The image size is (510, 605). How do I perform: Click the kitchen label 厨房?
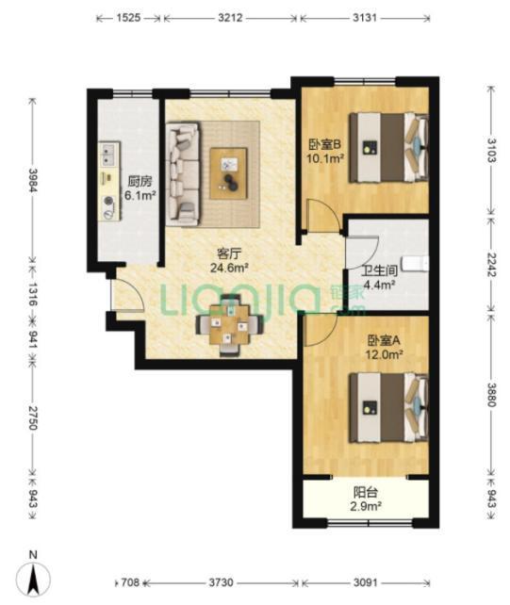pyautogui.click(x=140, y=181)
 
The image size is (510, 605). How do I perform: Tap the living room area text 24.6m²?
pyautogui.click(x=229, y=268)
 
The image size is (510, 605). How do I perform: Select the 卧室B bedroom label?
pyautogui.click(x=325, y=145)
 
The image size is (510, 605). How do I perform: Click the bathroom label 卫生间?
pyautogui.click(x=379, y=270)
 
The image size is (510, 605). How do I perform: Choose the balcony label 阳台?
pyautogui.click(x=366, y=492)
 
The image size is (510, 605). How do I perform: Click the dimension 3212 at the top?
pyautogui.click(x=230, y=18)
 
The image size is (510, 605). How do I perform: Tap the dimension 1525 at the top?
pyautogui.click(x=128, y=18)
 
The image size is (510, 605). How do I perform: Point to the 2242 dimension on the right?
pyautogui.click(x=491, y=265)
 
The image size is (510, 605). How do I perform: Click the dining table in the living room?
pyautogui.click(x=230, y=325)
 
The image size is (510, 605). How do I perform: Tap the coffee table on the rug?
pyautogui.click(x=228, y=174)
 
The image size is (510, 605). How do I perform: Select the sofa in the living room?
pyautogui.click(x=184, y=173)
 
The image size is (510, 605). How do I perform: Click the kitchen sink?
pyautogui.click(x=107, y=155)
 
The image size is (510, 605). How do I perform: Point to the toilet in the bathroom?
pyautogui.click(x=415, y=264)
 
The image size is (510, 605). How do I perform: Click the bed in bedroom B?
pyautogui.click(x=388, y=147)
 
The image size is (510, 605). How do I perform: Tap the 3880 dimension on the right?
pyautogui.click(x=491, y=394)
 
